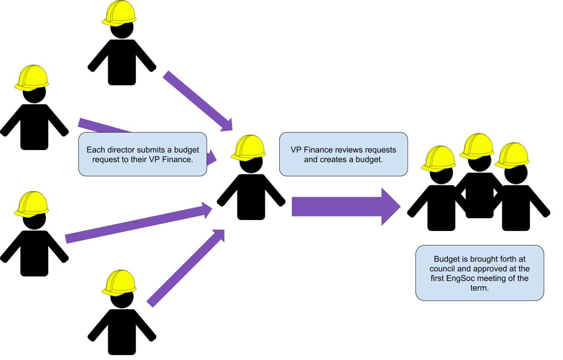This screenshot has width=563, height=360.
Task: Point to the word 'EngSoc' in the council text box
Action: (x=461, y=278)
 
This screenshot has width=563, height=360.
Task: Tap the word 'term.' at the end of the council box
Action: (x=479, y=288)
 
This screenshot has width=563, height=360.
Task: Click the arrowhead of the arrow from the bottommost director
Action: (x=218, y=235)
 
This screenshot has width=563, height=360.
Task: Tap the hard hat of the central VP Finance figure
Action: (x=248, y=148)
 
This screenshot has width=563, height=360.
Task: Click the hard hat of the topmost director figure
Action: (x=119, y=13)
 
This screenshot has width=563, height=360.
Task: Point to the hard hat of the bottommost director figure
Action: (x=119, y=283)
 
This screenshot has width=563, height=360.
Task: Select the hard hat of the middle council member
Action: (x=477, y=147)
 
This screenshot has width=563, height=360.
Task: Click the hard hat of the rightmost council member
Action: (x=512, y=156)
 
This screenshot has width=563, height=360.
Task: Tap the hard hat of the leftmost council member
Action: (x=439, y=159)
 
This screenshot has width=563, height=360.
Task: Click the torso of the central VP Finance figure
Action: (x=251, y=197)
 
